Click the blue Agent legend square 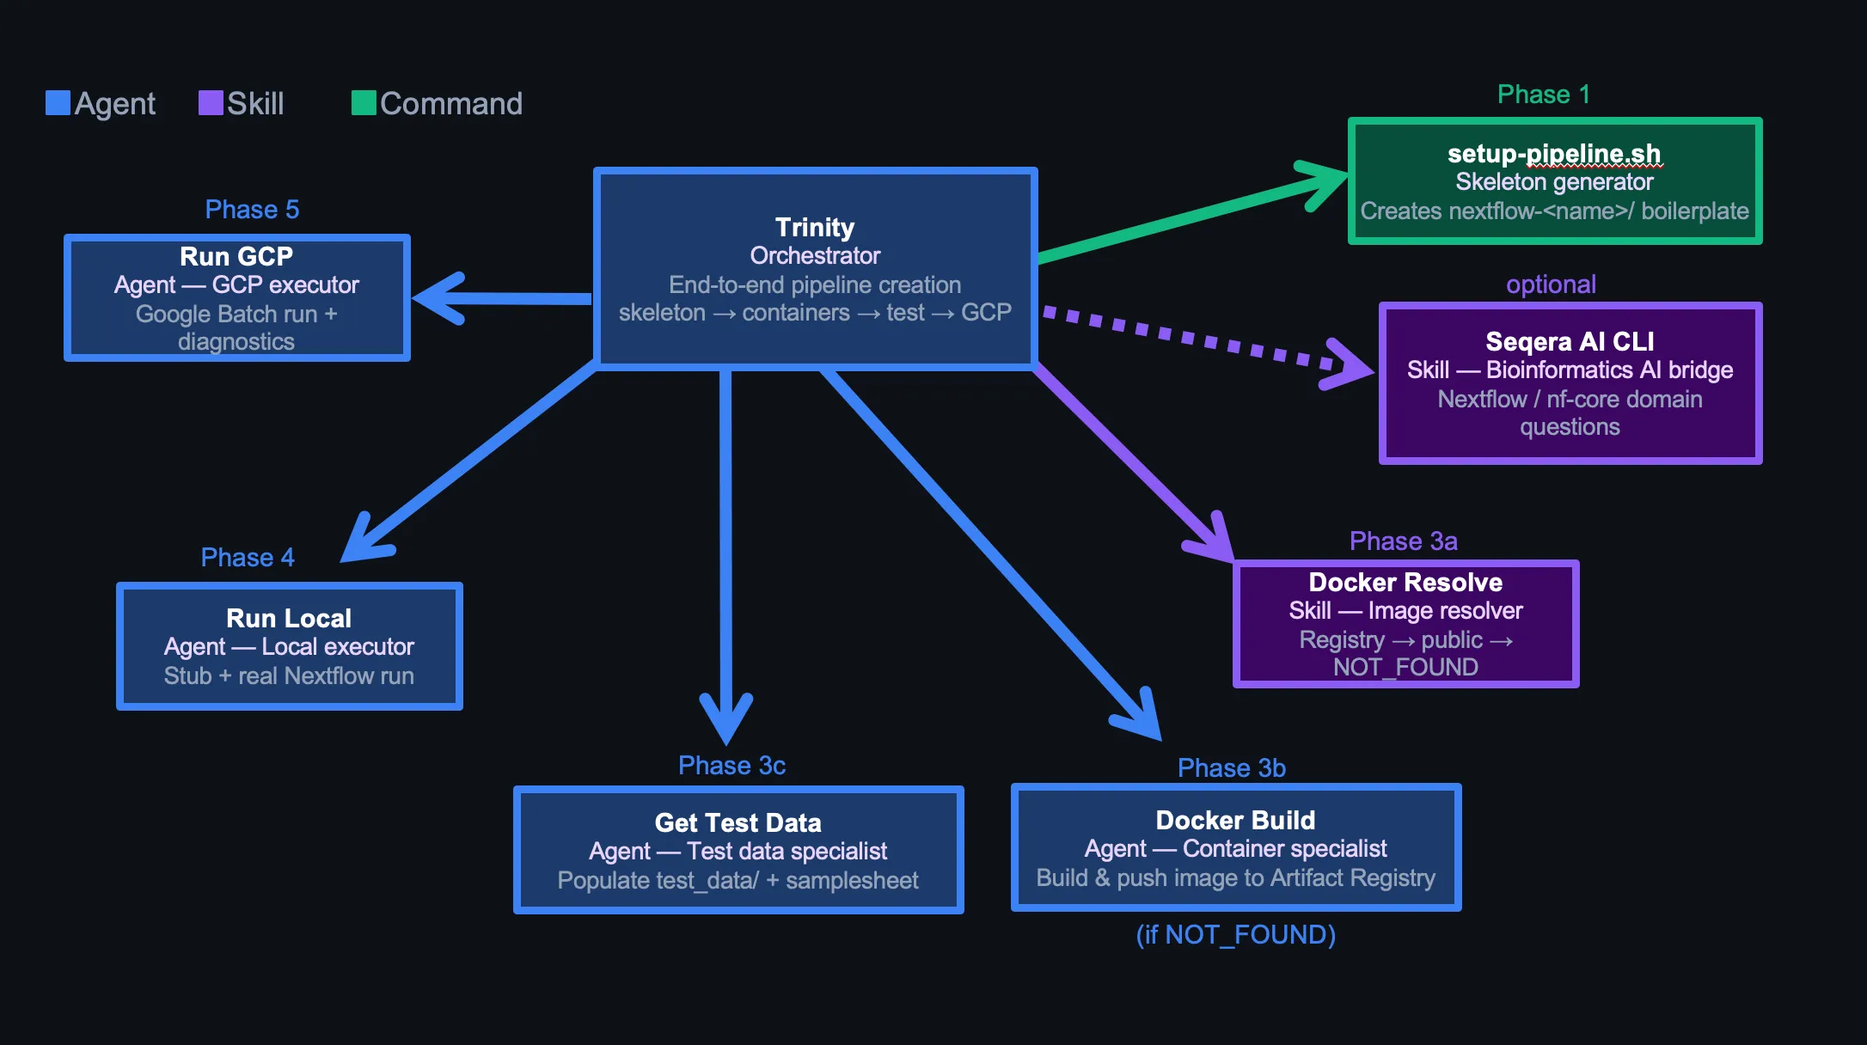(58, 103)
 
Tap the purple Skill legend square (211, 103)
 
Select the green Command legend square (364, 103)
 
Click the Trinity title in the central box (815, 227)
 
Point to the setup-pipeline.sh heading (1554, 154)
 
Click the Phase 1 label (1544, 95)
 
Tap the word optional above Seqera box (1551, 284)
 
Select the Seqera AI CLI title (1570, 341)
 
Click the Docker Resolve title (1405, 582)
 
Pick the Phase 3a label (1404, 541)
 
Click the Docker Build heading (1235, 820)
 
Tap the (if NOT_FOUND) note (1236, 935)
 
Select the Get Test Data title (738, 822)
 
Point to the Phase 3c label (731, 766)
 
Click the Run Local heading (289, 618)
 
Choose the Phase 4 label (248, 558)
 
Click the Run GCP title (236, 256)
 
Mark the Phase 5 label (252, 210)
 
